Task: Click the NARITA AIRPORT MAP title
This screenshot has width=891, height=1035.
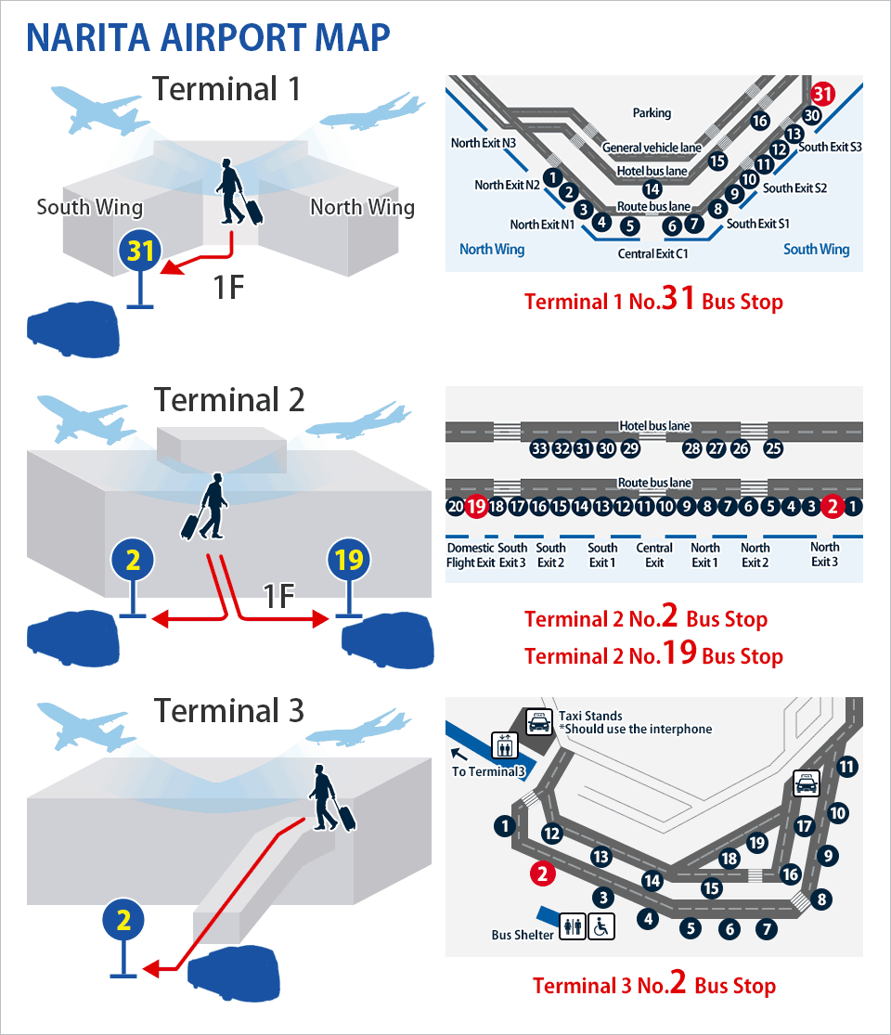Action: (208, 37)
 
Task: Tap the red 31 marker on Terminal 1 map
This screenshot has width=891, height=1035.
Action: (822, 94)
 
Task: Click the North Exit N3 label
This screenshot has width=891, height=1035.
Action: (484, 143)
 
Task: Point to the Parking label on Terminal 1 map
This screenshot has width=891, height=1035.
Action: (652, 113)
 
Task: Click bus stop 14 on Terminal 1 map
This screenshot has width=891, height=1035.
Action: (652, 189)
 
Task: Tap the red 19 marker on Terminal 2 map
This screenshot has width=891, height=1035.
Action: (476, 507)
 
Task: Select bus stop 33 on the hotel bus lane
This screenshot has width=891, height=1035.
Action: (538, 449)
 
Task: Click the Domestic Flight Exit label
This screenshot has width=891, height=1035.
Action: (471, 555)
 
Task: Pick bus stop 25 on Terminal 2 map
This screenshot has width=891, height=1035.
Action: (773, 449)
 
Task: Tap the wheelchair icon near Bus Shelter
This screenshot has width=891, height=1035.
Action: (602, 926)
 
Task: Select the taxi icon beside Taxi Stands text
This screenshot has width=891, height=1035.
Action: (538, 721)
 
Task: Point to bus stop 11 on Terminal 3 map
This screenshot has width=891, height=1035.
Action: (846, 767)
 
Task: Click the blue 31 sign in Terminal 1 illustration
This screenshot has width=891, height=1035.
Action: (140, 252)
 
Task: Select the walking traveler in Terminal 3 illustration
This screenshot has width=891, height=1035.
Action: (330, 798)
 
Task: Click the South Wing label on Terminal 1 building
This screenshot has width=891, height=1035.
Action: (90, 207)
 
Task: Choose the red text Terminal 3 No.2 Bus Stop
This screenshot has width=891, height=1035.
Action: (653, 985)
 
